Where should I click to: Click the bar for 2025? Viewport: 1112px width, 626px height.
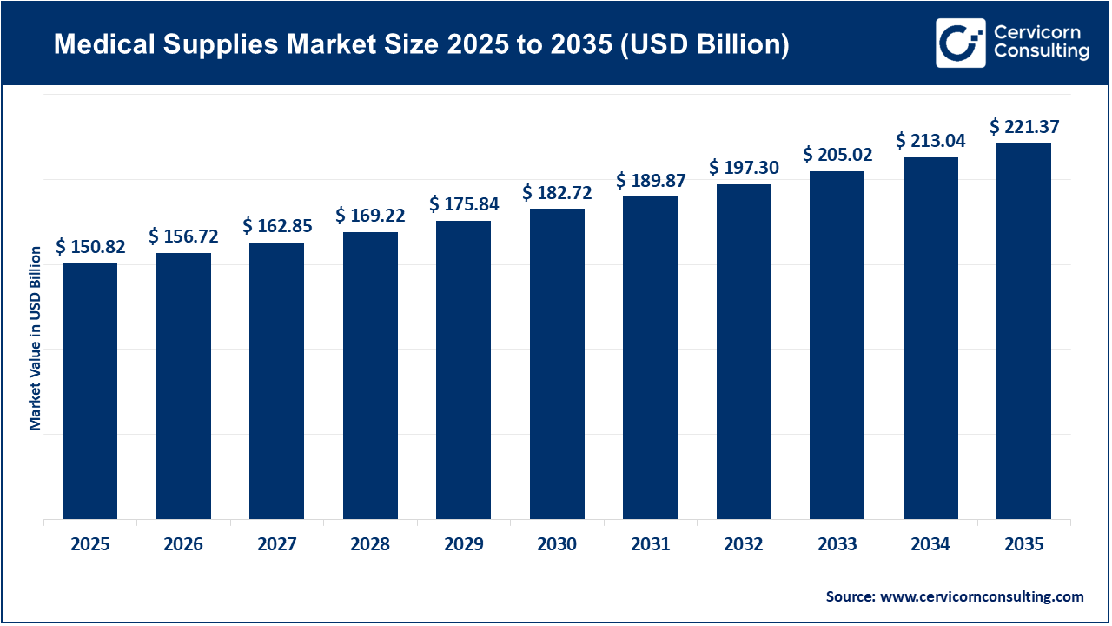pyautogui.click(x=89, y=391)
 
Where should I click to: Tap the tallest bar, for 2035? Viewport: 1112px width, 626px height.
pyautogui.click(x=1023, y=331)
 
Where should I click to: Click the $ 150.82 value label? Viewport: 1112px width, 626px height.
pyautogui.click(x=90, y=247)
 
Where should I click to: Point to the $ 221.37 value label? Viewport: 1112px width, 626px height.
pyautogui.click(x=1024, y=128)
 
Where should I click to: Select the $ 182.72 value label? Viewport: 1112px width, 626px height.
pyautogui.click(x=557, y=193)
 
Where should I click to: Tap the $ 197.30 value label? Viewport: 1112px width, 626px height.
pyautogui.click(x=744, y=168)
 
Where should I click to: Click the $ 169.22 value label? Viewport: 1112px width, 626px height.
pyautogui.click(x=370, y=216)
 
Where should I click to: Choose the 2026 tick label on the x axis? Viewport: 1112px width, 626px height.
pyautogui.click(x=183, y=545)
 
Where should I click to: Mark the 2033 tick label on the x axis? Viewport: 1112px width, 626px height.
pyautogui.click(x=837, y=545)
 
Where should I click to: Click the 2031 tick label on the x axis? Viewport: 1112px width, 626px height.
pyautogui.click(x=650, y=545)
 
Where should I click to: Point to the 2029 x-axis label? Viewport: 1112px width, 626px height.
pyautogui.click(x=463, y=545)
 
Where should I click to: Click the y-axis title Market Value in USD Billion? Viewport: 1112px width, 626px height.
pyautogui.click(x=36, y=338)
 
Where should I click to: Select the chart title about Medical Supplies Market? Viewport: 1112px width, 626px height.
pyautogui.click(x=421, y=45)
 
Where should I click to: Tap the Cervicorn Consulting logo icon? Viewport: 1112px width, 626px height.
pyautogui.click(x=960, y=43)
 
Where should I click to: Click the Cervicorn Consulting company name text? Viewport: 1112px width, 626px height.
pyautogui.click(x=1041, y=43)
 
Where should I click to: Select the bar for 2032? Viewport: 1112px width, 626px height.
pyautogui.click(x=744, y=352)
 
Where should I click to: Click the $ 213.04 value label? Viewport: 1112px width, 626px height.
pyautogui.click(x=930, y=141)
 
